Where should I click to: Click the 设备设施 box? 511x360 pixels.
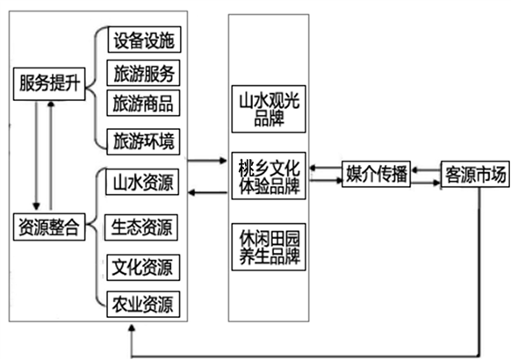[144, 40]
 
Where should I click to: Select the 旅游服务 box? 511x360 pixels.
[143, 73]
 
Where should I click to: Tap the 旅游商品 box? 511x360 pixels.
[143, 103]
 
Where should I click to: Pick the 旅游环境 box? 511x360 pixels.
[143, 141]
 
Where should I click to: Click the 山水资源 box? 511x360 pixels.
[142, 182]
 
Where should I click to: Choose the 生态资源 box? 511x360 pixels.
[141, 227]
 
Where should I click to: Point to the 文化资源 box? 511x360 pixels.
[143, 268]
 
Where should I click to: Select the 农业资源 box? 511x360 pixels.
[143, 305]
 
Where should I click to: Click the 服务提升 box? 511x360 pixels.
[49, 83]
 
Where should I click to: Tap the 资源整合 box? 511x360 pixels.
[49, 227]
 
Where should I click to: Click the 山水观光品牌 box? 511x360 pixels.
[269, 109]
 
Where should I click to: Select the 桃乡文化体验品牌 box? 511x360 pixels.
[269, 176]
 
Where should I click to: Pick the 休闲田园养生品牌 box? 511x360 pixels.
[269, 247]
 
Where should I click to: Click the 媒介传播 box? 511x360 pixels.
[376, 174]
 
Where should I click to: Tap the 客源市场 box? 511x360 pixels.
[475, 175]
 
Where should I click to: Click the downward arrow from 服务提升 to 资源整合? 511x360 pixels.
[36, 155]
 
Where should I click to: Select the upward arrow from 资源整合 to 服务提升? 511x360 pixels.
[51, 155]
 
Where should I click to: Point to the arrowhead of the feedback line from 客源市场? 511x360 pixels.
[132, 328]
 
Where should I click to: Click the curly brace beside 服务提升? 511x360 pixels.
[96, 88]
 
